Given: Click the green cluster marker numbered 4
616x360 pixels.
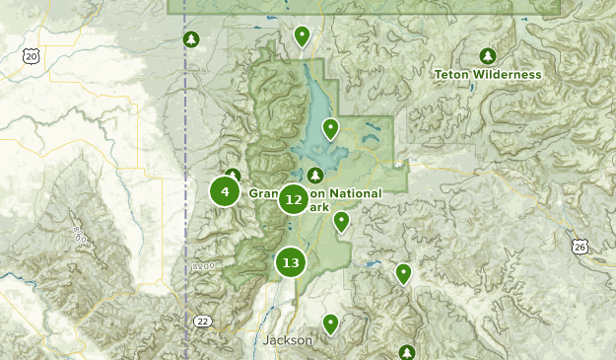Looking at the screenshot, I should [225, 191].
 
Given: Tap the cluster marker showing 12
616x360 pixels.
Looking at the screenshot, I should [293, 200].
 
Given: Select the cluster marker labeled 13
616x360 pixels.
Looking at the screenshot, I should [290, 262].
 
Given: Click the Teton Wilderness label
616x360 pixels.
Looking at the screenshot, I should [487, 74].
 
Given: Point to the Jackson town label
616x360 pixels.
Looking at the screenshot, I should [288, 340].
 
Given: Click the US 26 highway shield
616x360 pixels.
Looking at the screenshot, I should [579, 245].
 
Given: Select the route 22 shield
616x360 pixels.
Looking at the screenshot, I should [203, 322].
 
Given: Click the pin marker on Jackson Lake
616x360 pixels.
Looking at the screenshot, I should [331, 128].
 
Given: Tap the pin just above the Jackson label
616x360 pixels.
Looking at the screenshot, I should [330, 323].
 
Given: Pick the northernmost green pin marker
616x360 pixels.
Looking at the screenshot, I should [302, 36].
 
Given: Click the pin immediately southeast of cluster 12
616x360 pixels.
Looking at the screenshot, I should [341, 221].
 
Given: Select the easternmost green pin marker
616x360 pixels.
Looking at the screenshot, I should [403, 273].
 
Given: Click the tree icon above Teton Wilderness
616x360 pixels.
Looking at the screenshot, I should [487, 55].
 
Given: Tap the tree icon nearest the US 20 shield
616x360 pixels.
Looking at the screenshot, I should [191, 39].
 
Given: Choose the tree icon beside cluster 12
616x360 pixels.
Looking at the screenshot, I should [316, 176].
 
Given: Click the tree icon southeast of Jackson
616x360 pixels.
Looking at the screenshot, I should [407, 352].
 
